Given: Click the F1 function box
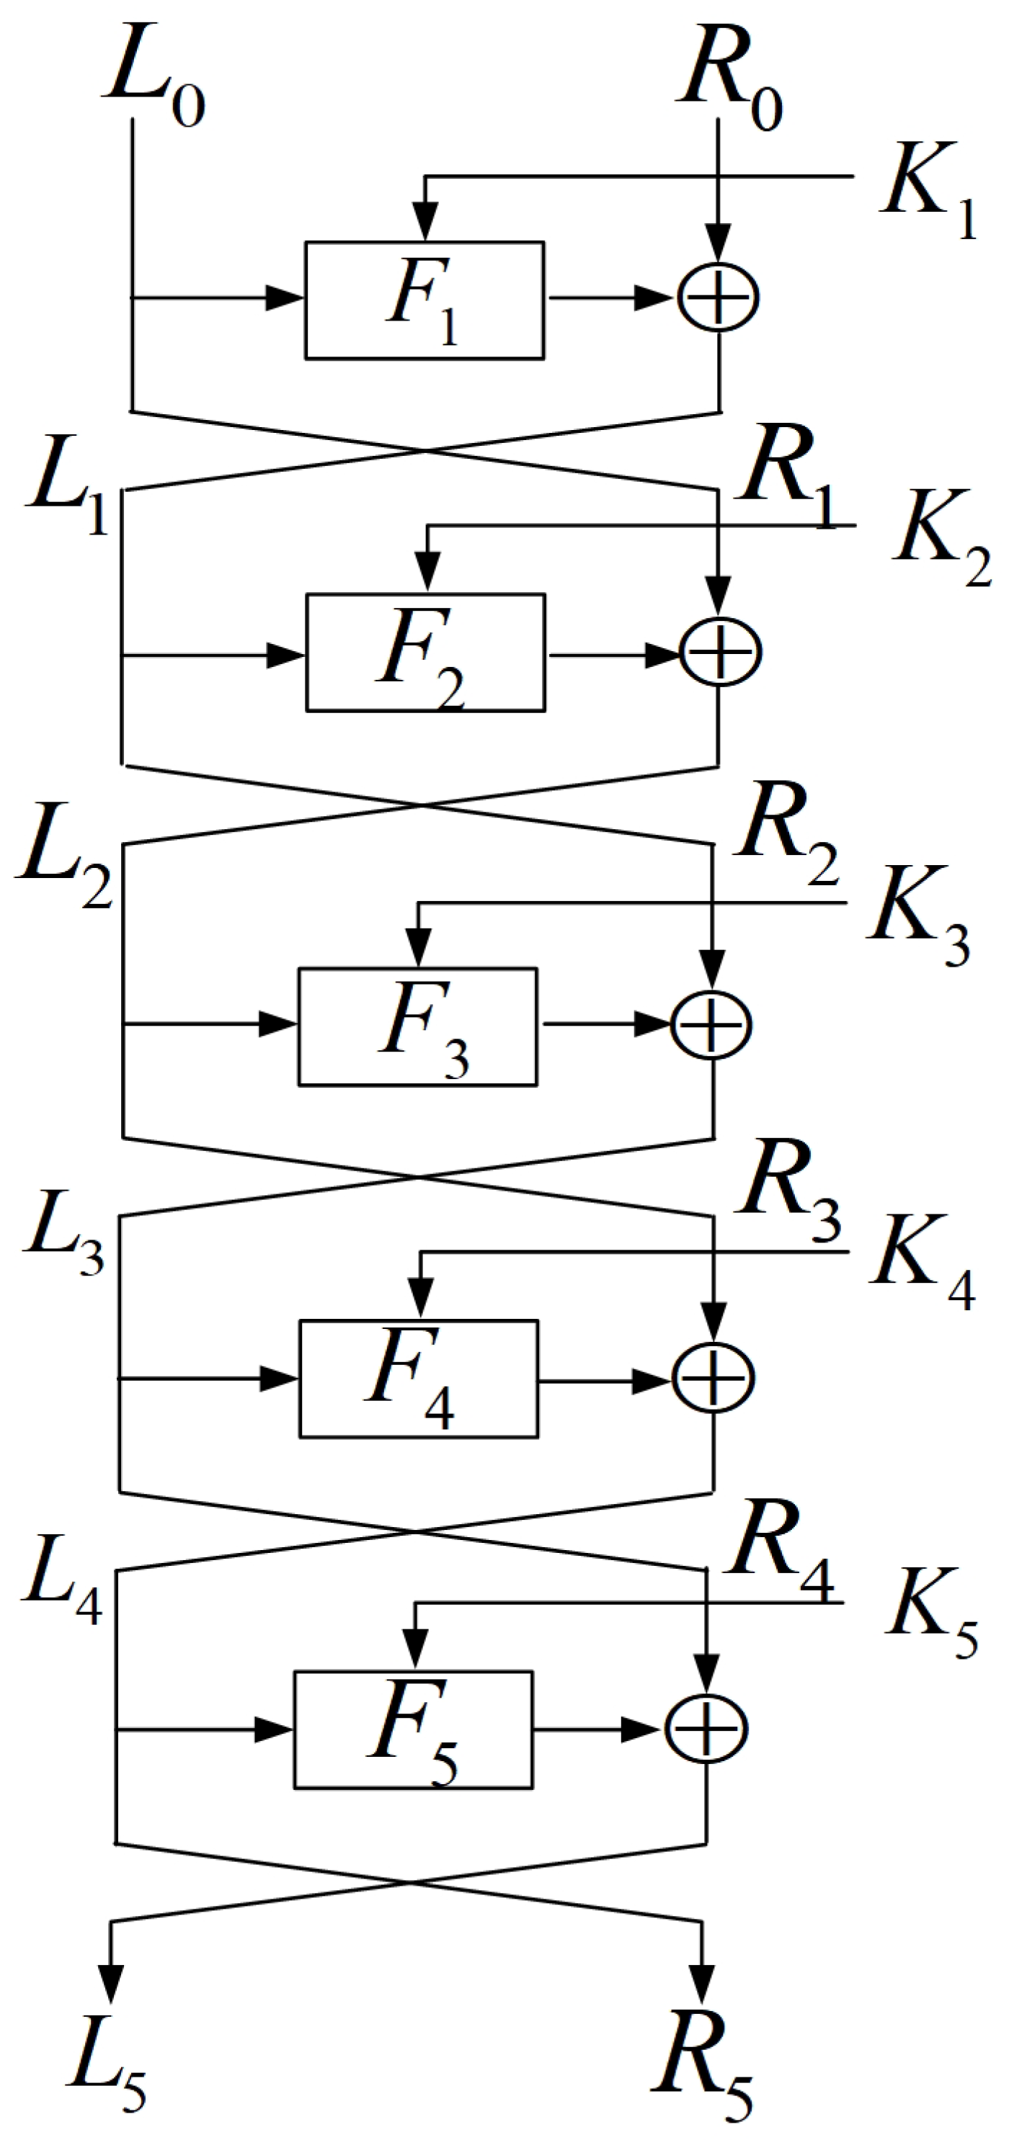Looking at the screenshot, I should click(425, 301).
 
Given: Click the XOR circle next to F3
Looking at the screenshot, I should click(711, 1025).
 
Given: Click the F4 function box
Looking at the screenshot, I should click(419, 1379).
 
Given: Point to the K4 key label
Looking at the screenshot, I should click(923, 1263).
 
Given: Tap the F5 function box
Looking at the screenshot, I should click(413, 1730).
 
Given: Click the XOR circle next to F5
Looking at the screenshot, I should click(706, 1729).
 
